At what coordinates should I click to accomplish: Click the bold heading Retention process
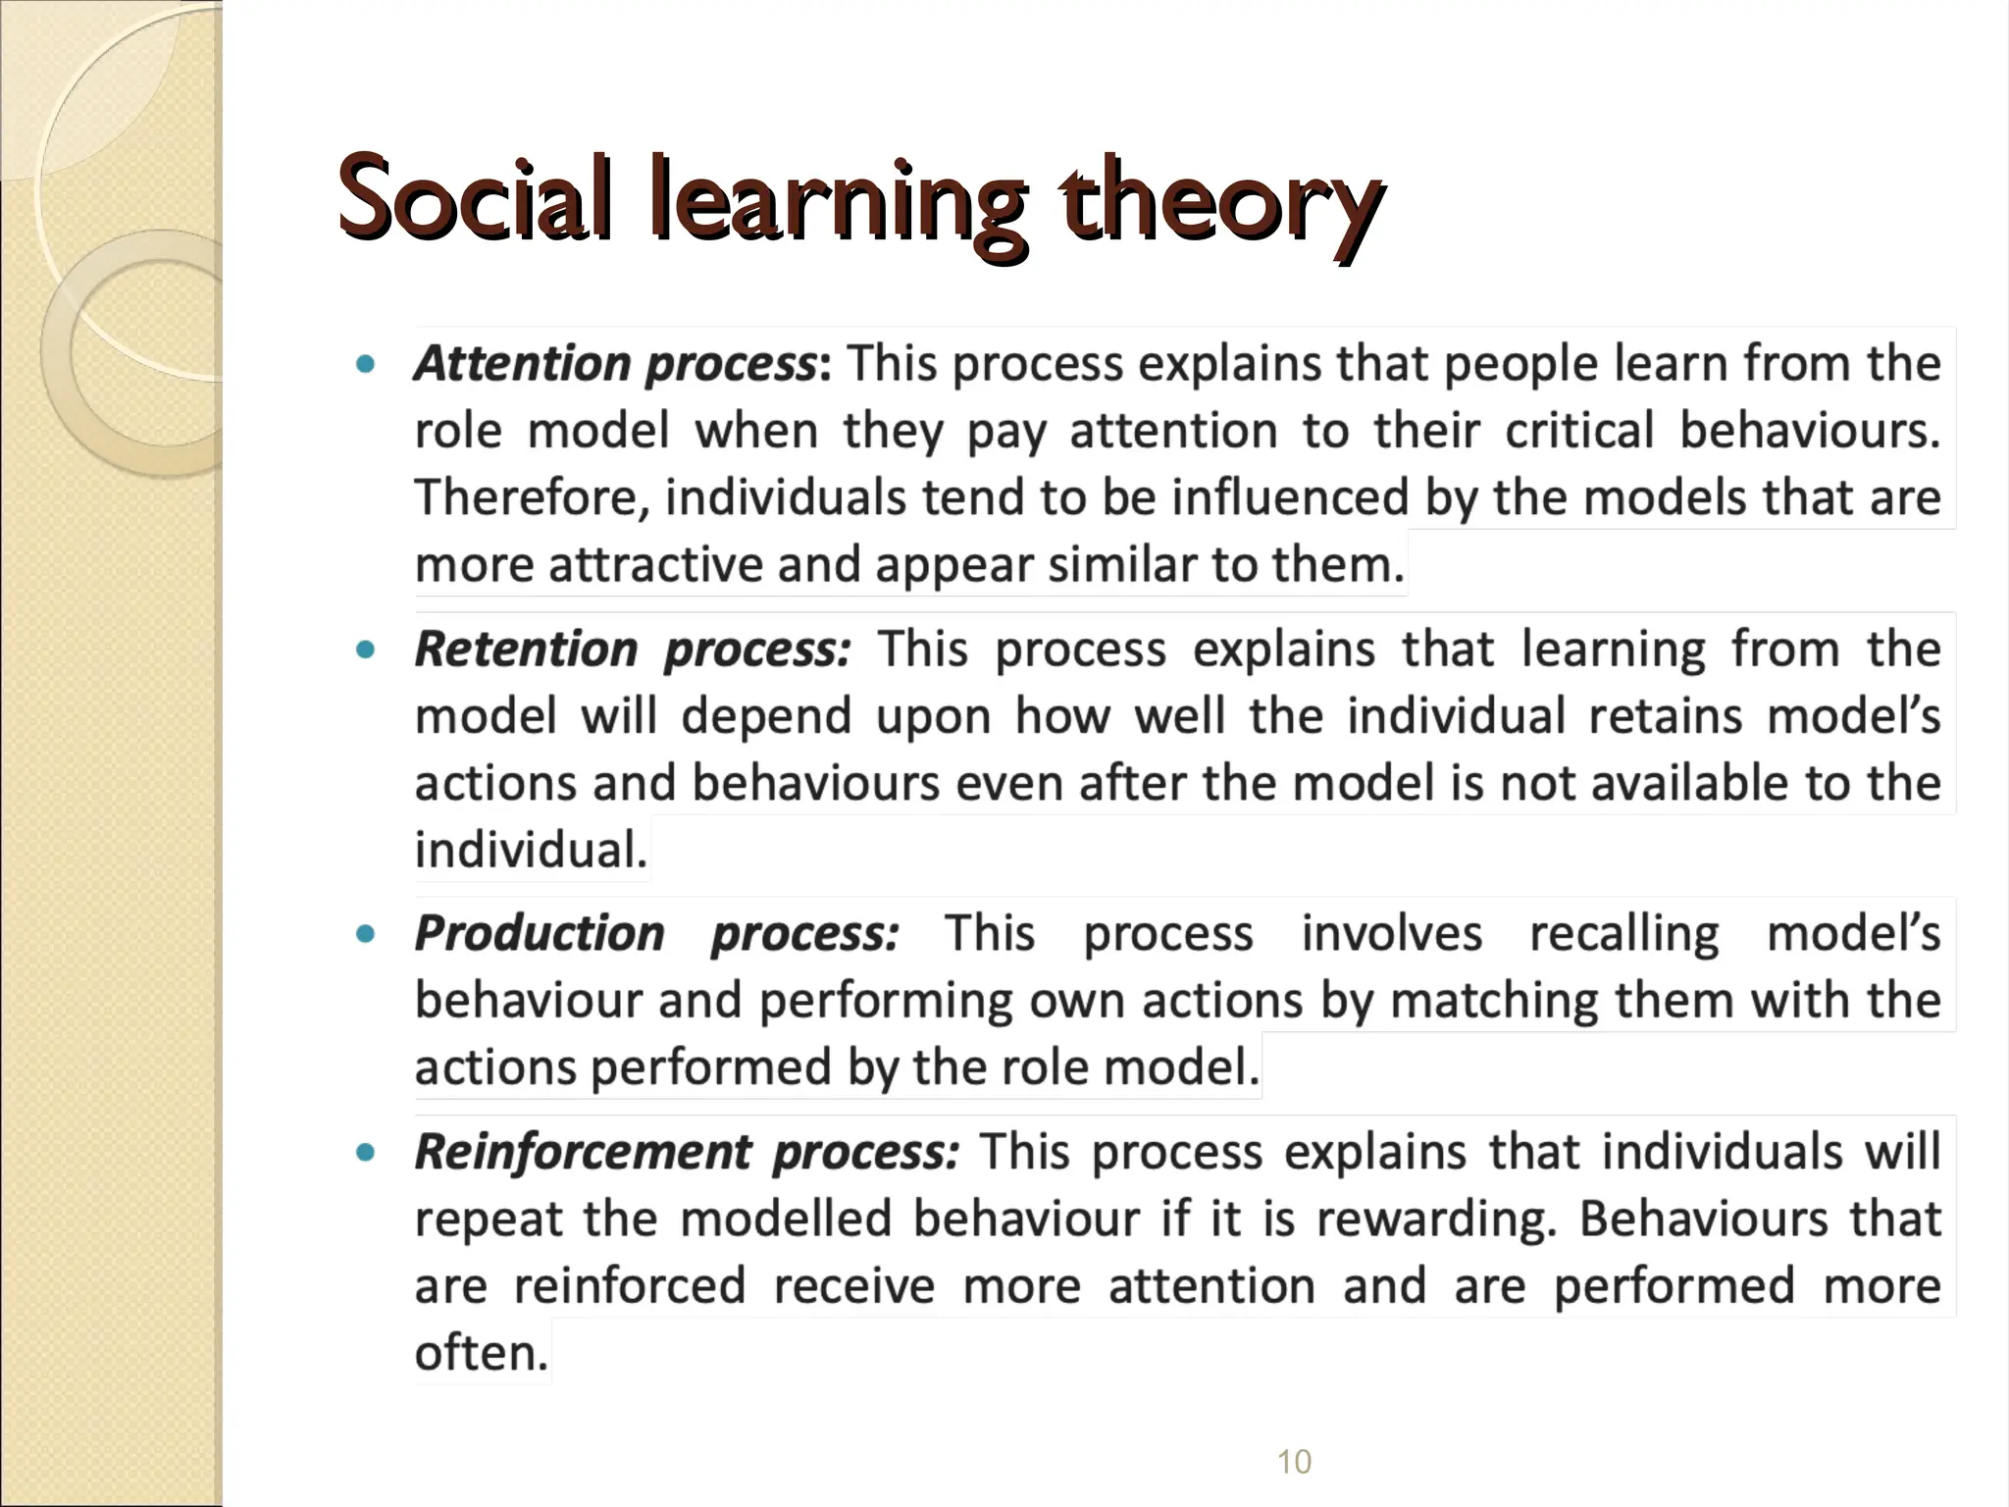(x=633, y=650)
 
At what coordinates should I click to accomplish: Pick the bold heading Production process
(x=656, y=933)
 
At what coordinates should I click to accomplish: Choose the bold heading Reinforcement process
(x=686, y=1152)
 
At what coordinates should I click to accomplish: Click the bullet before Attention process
(x=366, y=365)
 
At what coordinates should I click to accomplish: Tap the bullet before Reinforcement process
(x=366, y=1153)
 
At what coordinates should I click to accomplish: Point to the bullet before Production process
(x=366, y=934)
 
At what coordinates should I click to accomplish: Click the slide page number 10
(x=1294, y=1462)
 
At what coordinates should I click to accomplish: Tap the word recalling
(x=1623, y=934)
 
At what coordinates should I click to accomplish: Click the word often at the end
(x=481, y=1353)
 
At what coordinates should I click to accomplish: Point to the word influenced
(x=1290, y=497)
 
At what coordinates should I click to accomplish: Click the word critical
(x=1579, y=432)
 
